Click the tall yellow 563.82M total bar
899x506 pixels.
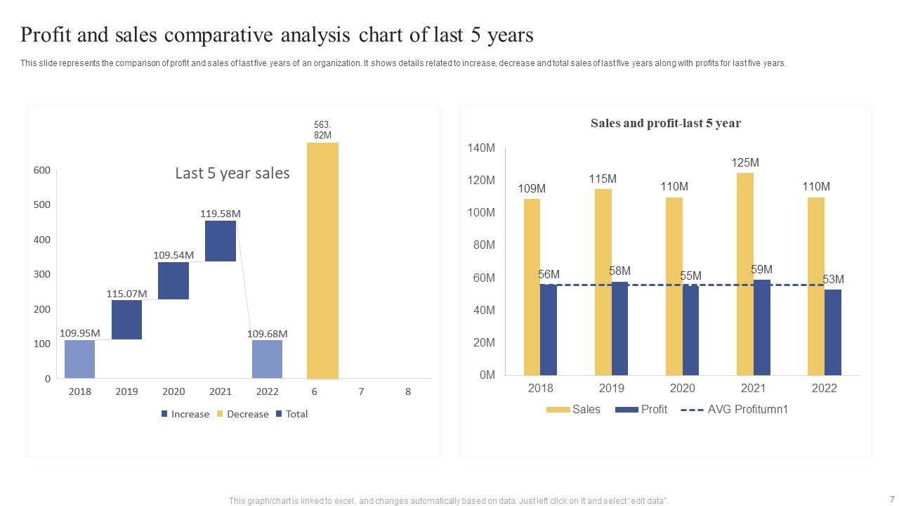(x=322, y=260)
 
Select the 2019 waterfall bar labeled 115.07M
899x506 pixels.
(x=126, y=320)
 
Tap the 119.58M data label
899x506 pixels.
(x=221, y=213)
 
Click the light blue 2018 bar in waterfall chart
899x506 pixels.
(x=79, y=359)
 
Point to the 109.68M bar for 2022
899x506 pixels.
(x=267, y=359)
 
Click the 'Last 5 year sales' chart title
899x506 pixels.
(x=232, y=174)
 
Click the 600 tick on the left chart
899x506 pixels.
(x=42, y=170)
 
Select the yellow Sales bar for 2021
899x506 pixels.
(x=744, y=274)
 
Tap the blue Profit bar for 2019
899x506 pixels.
(x=619, y=328)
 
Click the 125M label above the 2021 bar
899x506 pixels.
(x=745, y=163)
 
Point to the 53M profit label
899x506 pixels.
(x=833, y=280)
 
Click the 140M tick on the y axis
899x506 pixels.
(x=481, y=148)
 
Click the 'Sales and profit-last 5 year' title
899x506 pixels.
(x=665, y=124)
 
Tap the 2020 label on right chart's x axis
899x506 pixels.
(x=682, y=389)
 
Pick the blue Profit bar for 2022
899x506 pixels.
(x=832, y=332)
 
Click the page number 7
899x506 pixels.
(x=891, y=499)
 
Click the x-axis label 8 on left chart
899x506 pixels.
(x=407, y=392)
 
